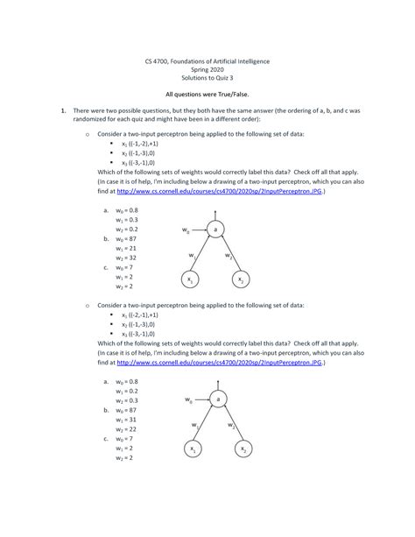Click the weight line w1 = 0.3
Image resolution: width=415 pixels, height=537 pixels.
(x=127, y=220)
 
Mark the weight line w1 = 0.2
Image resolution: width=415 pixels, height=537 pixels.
(x=127, y=391)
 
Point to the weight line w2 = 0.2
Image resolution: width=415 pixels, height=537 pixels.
(x=127, y=229)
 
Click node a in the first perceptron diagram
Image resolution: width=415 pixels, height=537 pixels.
(x=215, y=229)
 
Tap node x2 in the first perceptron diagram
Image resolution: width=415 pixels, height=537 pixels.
(x=240, y=279)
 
